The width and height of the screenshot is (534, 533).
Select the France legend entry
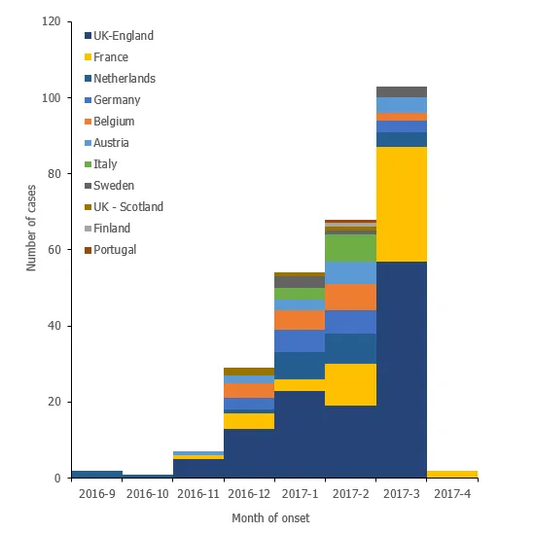coord(112,57)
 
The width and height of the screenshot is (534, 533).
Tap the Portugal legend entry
coord(115,250)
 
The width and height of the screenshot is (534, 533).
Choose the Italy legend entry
coord(106,164)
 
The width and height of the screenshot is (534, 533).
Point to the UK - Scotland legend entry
coord(128,207)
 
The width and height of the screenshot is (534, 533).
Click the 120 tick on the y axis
coord(51,21)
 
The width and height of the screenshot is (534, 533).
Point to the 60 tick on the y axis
coord(53,250)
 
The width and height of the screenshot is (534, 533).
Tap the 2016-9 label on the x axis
coord(97,492)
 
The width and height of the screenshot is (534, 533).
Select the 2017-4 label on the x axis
coord(452,492)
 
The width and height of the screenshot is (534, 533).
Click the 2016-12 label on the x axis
coord(249,492)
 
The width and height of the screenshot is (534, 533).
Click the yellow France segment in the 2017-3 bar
coord(402,204)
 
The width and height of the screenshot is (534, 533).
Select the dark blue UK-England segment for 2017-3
coord(402,370)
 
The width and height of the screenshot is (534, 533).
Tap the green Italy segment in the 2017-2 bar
coord(351,248)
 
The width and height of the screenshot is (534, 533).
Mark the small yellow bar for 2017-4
coord(452,474)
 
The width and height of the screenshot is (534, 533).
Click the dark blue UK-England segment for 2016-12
coord(249,452)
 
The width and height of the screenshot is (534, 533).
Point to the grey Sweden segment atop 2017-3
coord(402,91)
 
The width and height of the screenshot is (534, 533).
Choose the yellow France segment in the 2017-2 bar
coord(351,384)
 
